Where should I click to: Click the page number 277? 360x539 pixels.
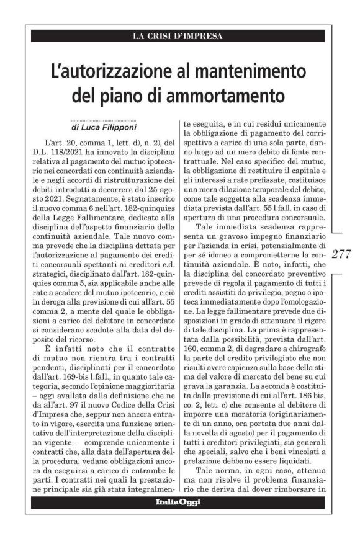[341, 253]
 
